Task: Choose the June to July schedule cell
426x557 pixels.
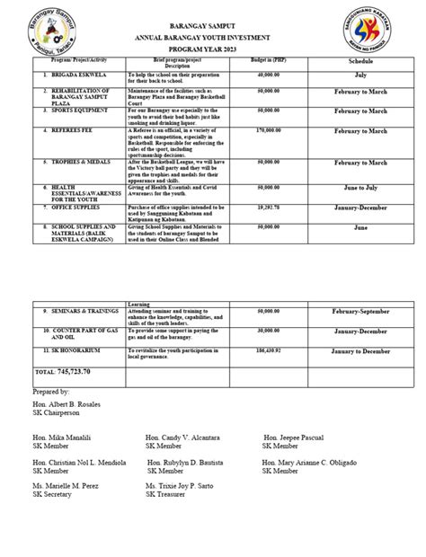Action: point(361,190)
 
